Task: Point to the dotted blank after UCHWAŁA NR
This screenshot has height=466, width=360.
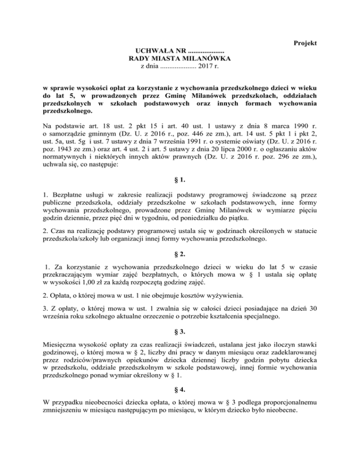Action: [206, 51]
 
